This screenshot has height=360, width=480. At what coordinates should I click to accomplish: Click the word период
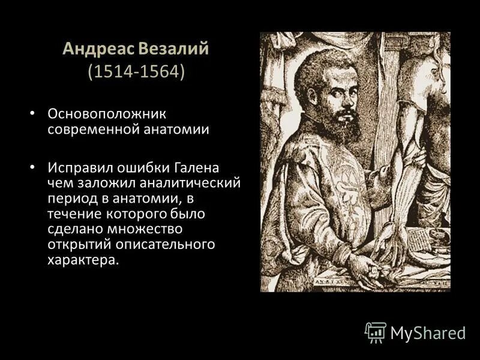[71, 197]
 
